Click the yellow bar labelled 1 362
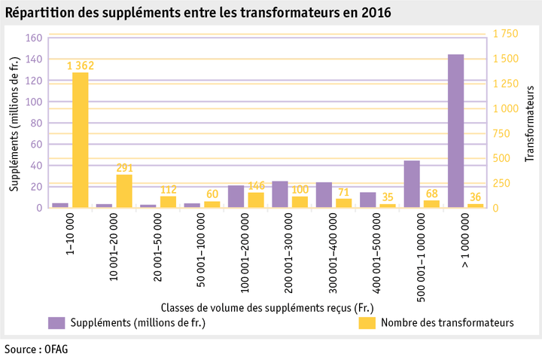click(x=81, y=139)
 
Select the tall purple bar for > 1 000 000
click(x=455, y=131)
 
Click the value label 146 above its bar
click(x=256, y=186)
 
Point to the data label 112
click(x=168, y=190)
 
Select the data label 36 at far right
click(x=475, y=197)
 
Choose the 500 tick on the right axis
click(x=501, y=158)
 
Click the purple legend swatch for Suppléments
click(x=56, y=322)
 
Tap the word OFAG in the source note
click(x=54, y=349)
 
